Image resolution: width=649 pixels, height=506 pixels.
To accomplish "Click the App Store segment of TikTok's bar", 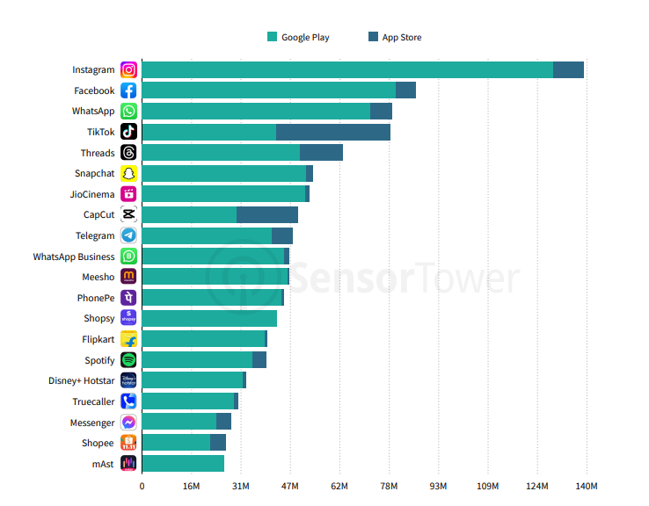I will (332, 132).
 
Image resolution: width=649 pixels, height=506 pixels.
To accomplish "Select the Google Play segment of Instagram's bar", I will (346, 70).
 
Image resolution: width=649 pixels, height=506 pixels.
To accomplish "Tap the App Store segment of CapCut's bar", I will (266, 215).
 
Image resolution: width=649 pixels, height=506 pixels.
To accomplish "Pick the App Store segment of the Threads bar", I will (321, 153).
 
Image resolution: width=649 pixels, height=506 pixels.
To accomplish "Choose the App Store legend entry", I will (395, 37).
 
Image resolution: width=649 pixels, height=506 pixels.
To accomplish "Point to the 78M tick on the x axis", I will (389, 487).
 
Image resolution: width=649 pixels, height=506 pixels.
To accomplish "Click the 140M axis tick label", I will (587, 487).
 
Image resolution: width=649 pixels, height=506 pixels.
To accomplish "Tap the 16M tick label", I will (191, 487).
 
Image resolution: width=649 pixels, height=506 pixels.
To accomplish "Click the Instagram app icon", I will (128, 70).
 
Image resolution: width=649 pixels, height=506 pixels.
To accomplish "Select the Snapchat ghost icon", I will (128, 174).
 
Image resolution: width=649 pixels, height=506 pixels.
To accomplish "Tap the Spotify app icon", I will (128, 360).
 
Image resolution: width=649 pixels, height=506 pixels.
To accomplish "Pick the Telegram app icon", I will (128, 235).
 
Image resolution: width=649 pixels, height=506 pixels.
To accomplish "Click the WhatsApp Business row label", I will (74, 257).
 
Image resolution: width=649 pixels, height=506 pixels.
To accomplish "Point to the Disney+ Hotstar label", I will (81, 381).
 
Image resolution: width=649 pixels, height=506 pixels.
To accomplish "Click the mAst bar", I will (183, 464).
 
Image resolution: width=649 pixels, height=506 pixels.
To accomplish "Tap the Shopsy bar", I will (209, 319).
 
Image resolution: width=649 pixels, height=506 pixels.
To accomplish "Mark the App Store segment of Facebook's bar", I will (405, 90).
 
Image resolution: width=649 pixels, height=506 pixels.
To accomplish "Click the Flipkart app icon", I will (128, 339).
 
